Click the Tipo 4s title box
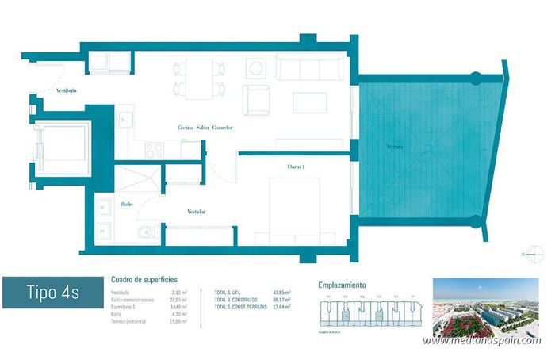(x=52, y=293)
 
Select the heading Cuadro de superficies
(x=144, y=279)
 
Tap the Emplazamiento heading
(x=342, y=283)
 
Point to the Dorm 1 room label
(x=296, y=167)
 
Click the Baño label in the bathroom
(x=127, y=204)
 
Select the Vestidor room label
(x=197, y=212)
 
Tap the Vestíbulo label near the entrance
(x=66, y=90)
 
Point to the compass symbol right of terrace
(x=536, y=254)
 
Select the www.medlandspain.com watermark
(x=482, y=340)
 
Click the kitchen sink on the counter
(x=127, y=120)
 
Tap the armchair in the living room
(x=257, y=100)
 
